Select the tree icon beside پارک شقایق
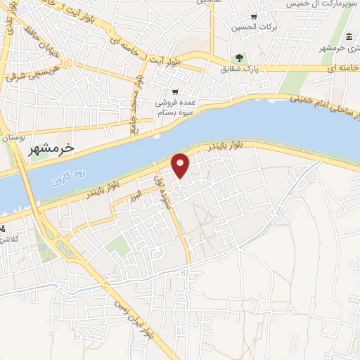[x=240, y=58]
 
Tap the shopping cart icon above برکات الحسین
[x=254, y=17]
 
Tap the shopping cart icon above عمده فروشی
[x=176, y=91]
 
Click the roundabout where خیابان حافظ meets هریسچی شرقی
[x=65, y=65]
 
